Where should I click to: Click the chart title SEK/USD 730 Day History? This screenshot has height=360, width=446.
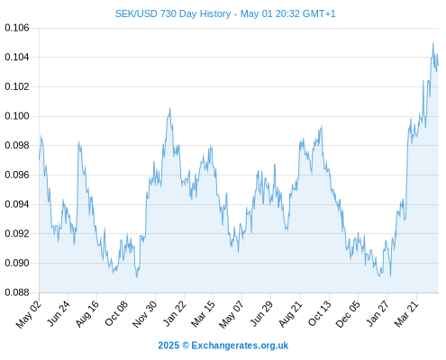click(x=173, y=13)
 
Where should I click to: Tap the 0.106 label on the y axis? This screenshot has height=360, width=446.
click(x=17, y=28)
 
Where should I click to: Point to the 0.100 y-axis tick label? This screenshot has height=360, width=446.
click(x=17, y=116)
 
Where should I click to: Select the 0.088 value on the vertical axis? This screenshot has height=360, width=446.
click(x=17, y=292)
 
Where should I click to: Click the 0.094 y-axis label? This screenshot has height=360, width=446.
click(x=17, y=204)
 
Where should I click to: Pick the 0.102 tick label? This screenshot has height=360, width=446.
click(x=17, y=86)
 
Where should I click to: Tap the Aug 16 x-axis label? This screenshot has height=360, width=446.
click(x=87, y=313)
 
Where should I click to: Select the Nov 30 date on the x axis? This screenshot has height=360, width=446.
click(x=145, y=314)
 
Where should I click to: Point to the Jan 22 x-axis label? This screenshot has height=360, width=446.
click(x=175, y=313)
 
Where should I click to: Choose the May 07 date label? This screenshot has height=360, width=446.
click(x=232, y=314)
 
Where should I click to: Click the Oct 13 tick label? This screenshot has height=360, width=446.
click(x=320, y=313)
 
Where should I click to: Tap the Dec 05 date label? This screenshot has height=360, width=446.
click(x=348, y=314)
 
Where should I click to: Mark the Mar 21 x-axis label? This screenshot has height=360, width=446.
click(x=406, y=313)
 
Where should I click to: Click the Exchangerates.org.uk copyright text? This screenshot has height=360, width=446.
click(x=240, y=346)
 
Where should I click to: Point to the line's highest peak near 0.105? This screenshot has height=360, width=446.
click(x=433, y=43)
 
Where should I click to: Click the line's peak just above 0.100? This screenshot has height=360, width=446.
click(x=169, y=108)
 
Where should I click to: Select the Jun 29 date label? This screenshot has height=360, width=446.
click(x=261, y=313)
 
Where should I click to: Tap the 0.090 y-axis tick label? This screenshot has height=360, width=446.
click(x=17, y=263)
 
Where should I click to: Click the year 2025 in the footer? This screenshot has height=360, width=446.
click(x=168, y=346)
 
